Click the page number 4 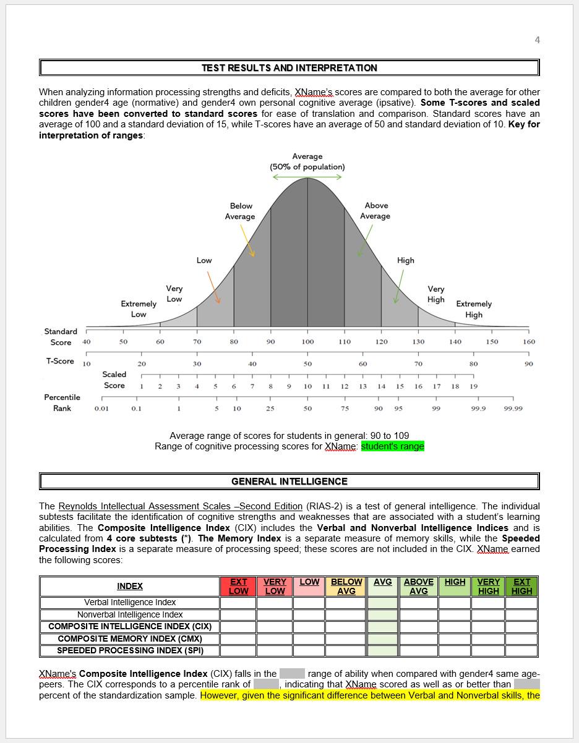537,40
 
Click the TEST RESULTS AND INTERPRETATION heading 289,68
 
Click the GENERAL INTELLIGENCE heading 289,481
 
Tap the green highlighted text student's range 392,446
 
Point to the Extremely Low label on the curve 139,309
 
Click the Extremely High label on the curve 474,309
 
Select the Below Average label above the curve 241,211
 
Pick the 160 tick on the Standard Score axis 529,342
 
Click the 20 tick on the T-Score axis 142,364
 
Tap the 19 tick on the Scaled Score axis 474,386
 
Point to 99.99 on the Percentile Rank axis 513,409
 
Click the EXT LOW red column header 238,586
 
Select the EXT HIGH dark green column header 521,586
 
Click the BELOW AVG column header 346,586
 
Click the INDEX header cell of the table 130,586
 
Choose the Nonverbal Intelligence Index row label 130,614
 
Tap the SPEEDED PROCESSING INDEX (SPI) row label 130,650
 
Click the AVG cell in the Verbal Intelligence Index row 382,603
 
